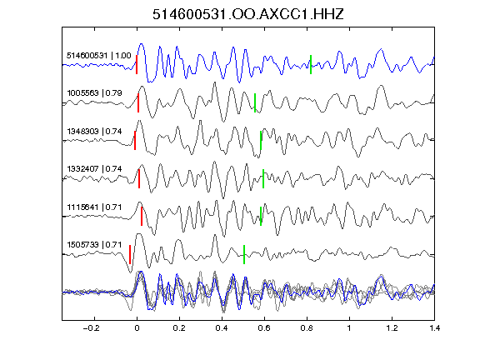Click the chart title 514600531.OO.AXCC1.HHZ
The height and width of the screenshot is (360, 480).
coord(248,14)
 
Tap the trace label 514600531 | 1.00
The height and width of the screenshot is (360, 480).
coord(99,56)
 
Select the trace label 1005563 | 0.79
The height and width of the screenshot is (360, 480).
coord(95,93)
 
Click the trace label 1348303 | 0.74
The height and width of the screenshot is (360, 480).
coord(95,132)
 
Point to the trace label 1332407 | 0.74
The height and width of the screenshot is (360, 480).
coord(95,169)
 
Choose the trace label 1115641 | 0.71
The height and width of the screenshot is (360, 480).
coord(95,207)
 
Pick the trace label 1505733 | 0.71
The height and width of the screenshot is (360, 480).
coord(95,245)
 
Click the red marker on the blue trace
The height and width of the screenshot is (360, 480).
coord(137,65)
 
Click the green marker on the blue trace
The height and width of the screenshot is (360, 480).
coord(311,65)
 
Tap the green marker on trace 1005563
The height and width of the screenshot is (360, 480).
coord(255,102)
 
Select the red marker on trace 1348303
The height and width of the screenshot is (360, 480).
coord(135,141)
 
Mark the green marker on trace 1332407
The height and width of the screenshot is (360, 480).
coord(263,179)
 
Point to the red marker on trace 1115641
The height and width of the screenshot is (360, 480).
coord(142,217)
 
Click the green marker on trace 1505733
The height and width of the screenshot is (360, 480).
coord(244,255)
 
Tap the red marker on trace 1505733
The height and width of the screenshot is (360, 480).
coord(130,255)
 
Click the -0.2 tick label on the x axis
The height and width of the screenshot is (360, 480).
coord(92,328)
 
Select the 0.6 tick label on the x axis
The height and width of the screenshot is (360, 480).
coord(264,328)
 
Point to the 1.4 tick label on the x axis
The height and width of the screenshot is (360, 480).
coord(434,328)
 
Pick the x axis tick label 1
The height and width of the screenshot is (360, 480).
coord(349,328)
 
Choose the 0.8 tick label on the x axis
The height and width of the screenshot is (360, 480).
coord(307,328)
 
